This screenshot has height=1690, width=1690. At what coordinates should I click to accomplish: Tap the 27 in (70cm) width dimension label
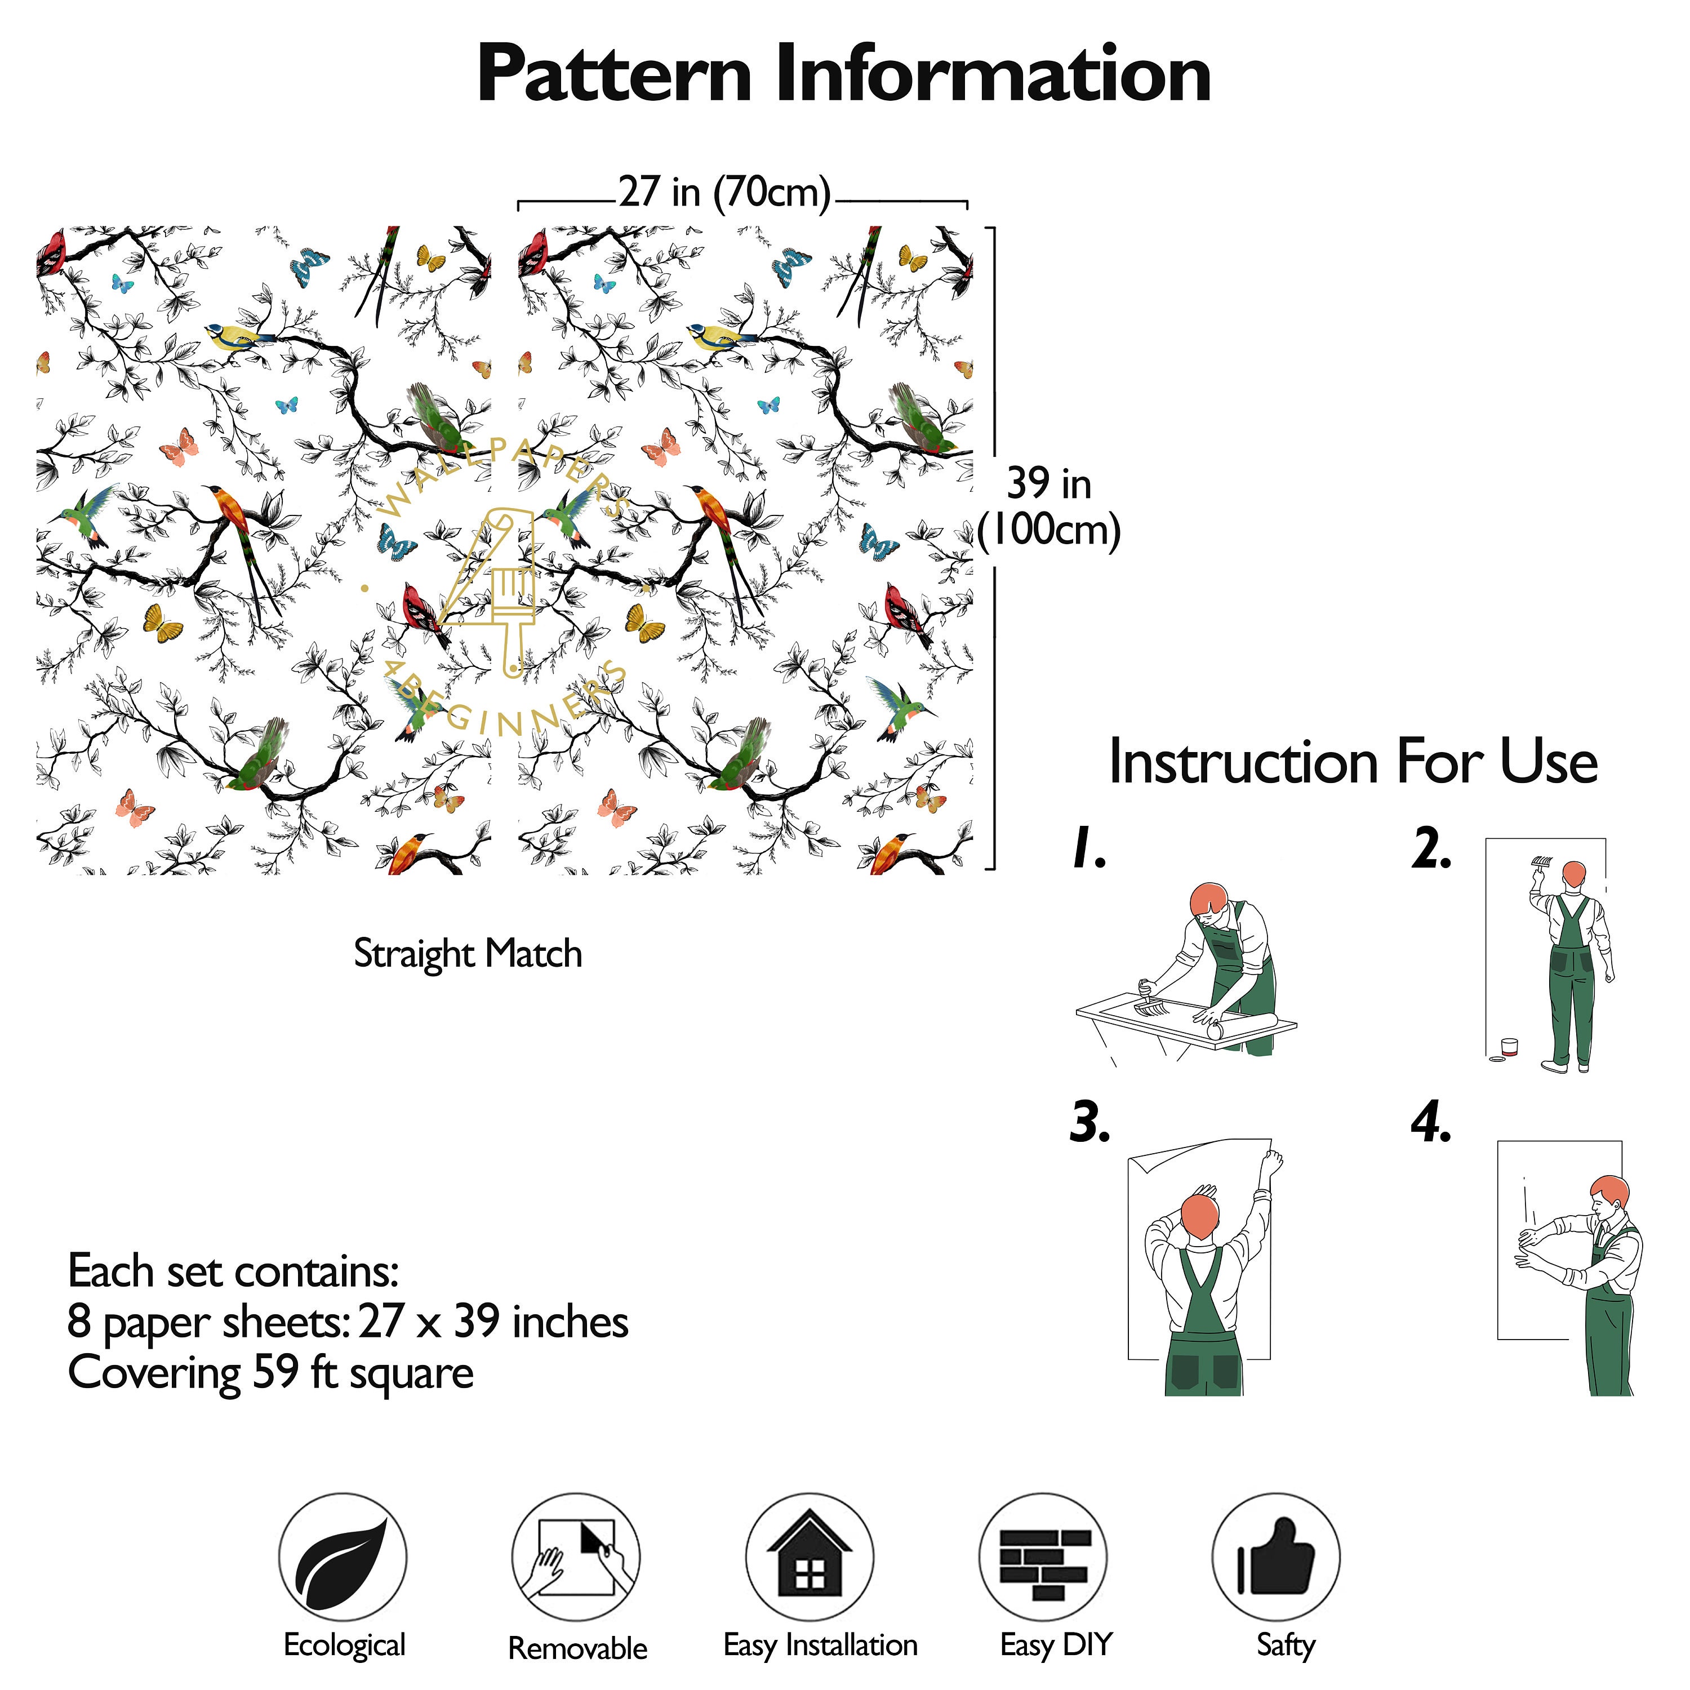724,192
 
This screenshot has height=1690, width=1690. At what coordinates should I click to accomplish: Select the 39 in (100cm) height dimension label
1049,506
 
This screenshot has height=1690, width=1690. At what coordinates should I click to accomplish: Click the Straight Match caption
468,954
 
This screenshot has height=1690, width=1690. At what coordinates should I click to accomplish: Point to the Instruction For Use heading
1353,761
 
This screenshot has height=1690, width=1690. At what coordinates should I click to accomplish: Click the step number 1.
1089,848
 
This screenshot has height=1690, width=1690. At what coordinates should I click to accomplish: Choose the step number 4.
1431,1122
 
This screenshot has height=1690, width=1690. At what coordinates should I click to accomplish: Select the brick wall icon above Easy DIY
1043,1563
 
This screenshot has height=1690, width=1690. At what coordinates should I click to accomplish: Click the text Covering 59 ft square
270,1372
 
